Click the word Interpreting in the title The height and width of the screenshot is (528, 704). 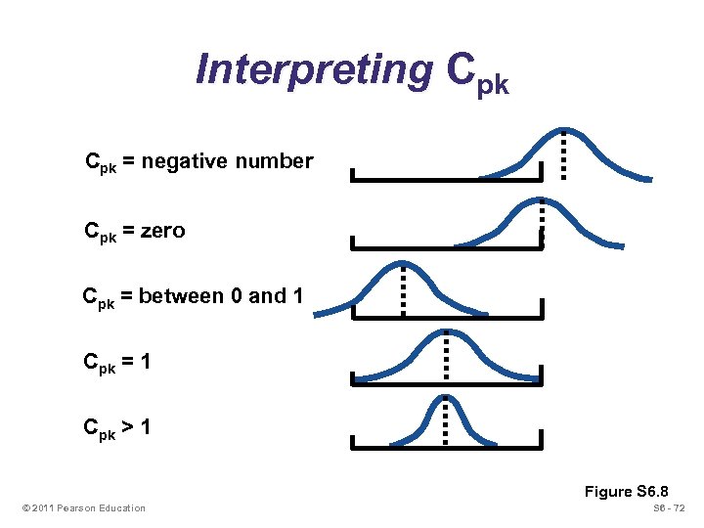pos(314,69)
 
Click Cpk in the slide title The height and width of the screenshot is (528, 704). pos(476,71)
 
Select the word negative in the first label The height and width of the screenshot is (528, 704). pos(186,161)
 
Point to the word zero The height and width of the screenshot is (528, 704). pos(162,232)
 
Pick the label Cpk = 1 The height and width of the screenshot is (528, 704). pos(117,363)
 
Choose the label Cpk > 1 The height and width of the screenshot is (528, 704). pos(117,427)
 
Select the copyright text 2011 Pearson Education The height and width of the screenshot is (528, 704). pos(88,507)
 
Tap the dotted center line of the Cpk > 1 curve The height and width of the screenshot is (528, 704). pos(447,420)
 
